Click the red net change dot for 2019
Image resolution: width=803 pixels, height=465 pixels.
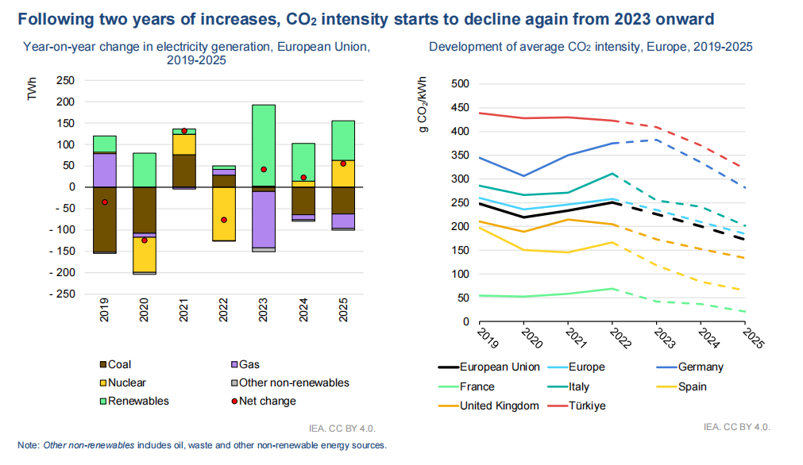click(104, 202)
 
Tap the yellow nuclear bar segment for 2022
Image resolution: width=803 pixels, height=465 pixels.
click(224, 213)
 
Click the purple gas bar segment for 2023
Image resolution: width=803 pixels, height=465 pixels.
click(264, 220)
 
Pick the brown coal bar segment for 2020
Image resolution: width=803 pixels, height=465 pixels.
click(144, 210)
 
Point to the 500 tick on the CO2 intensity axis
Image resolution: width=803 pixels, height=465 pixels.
click(460, 83)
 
